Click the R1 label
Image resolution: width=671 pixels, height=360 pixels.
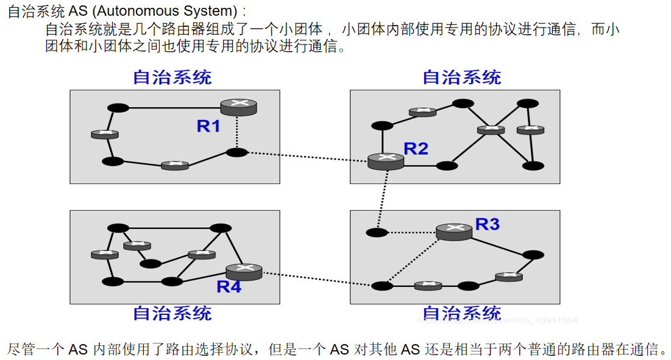[x=208, y=126]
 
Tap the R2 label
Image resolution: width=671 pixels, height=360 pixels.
[x=416, y=148]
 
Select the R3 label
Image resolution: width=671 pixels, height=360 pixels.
[x=488, y=224]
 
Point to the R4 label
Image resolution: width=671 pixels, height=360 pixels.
[x=229, y=286]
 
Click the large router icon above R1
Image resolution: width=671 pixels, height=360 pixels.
[x=239, y=107]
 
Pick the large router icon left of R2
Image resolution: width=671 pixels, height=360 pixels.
[x=386, y=161]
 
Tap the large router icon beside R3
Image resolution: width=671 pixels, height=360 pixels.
[x=454, y=231]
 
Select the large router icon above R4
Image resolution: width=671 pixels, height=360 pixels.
[x=244, y=270]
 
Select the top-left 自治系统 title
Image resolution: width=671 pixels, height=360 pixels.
[x=172, y=77]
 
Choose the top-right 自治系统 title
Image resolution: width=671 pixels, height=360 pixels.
[x=462, y=77]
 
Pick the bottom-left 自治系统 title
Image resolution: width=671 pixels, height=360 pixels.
[x=172, y=313]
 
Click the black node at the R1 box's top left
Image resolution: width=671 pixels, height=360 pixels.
[x=118, y=108]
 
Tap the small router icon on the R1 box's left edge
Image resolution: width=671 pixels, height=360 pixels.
[x=104, y=134]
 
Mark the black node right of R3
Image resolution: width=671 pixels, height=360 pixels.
[x=533, y=255]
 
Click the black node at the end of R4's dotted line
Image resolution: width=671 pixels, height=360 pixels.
[x=382, y=286]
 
